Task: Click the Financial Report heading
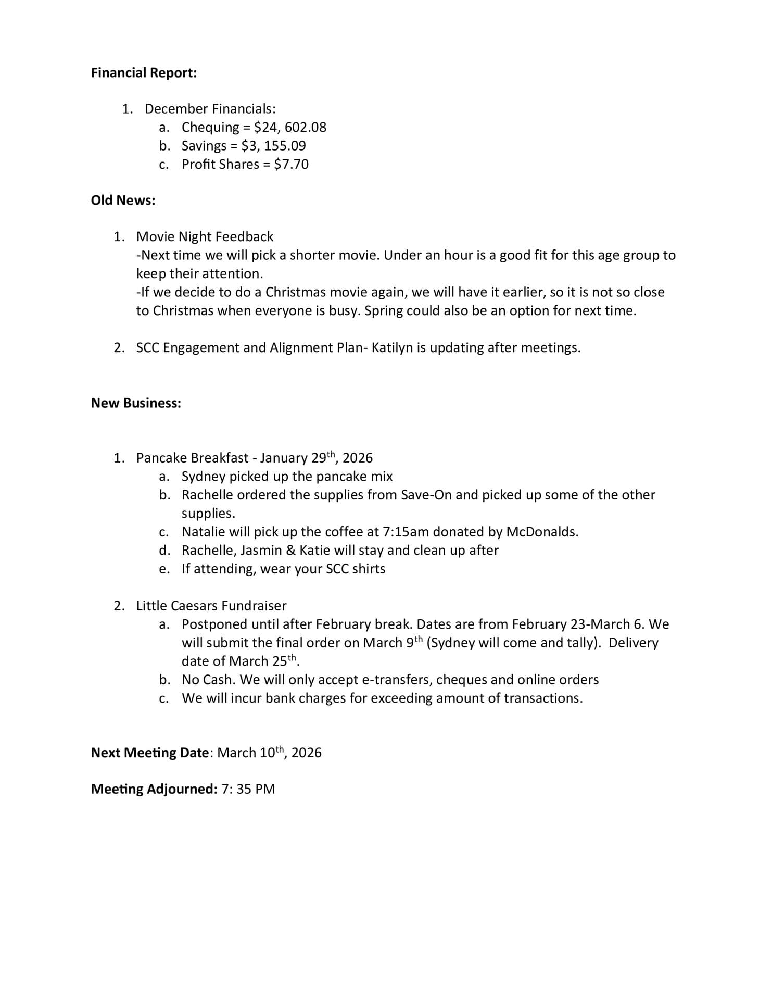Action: point(144,73)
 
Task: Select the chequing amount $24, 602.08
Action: point(290,128)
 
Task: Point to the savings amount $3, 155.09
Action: point(273,146)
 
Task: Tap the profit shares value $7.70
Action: point(291,165)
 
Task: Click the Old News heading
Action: point(123,201)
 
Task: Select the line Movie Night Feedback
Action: point(205,237)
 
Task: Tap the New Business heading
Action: point(136,403)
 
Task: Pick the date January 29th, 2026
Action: point(317,458)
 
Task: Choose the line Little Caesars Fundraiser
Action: point(211,606)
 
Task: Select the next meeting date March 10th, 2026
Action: point(269,753)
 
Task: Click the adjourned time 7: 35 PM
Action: point(248,789)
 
